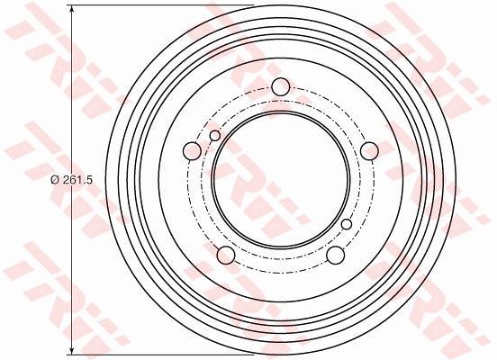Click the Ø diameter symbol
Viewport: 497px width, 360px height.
[56, 180]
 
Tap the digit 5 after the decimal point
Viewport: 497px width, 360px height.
[91, 180]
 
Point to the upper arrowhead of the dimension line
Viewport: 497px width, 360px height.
[71, 12]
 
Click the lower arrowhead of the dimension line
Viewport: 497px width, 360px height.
[71, 350]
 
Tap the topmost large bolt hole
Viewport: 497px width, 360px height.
[280, 87]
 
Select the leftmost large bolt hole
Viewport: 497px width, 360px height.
[191, 151]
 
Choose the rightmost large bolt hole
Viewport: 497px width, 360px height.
[369, 151]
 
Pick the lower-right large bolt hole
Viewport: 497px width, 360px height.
[335, 256]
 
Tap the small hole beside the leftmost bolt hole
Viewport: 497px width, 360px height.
[214, 135]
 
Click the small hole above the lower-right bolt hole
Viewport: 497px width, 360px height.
[347, 224]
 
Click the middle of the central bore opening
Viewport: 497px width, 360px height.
[280, 180]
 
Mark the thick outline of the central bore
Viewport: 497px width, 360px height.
[212, 180]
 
